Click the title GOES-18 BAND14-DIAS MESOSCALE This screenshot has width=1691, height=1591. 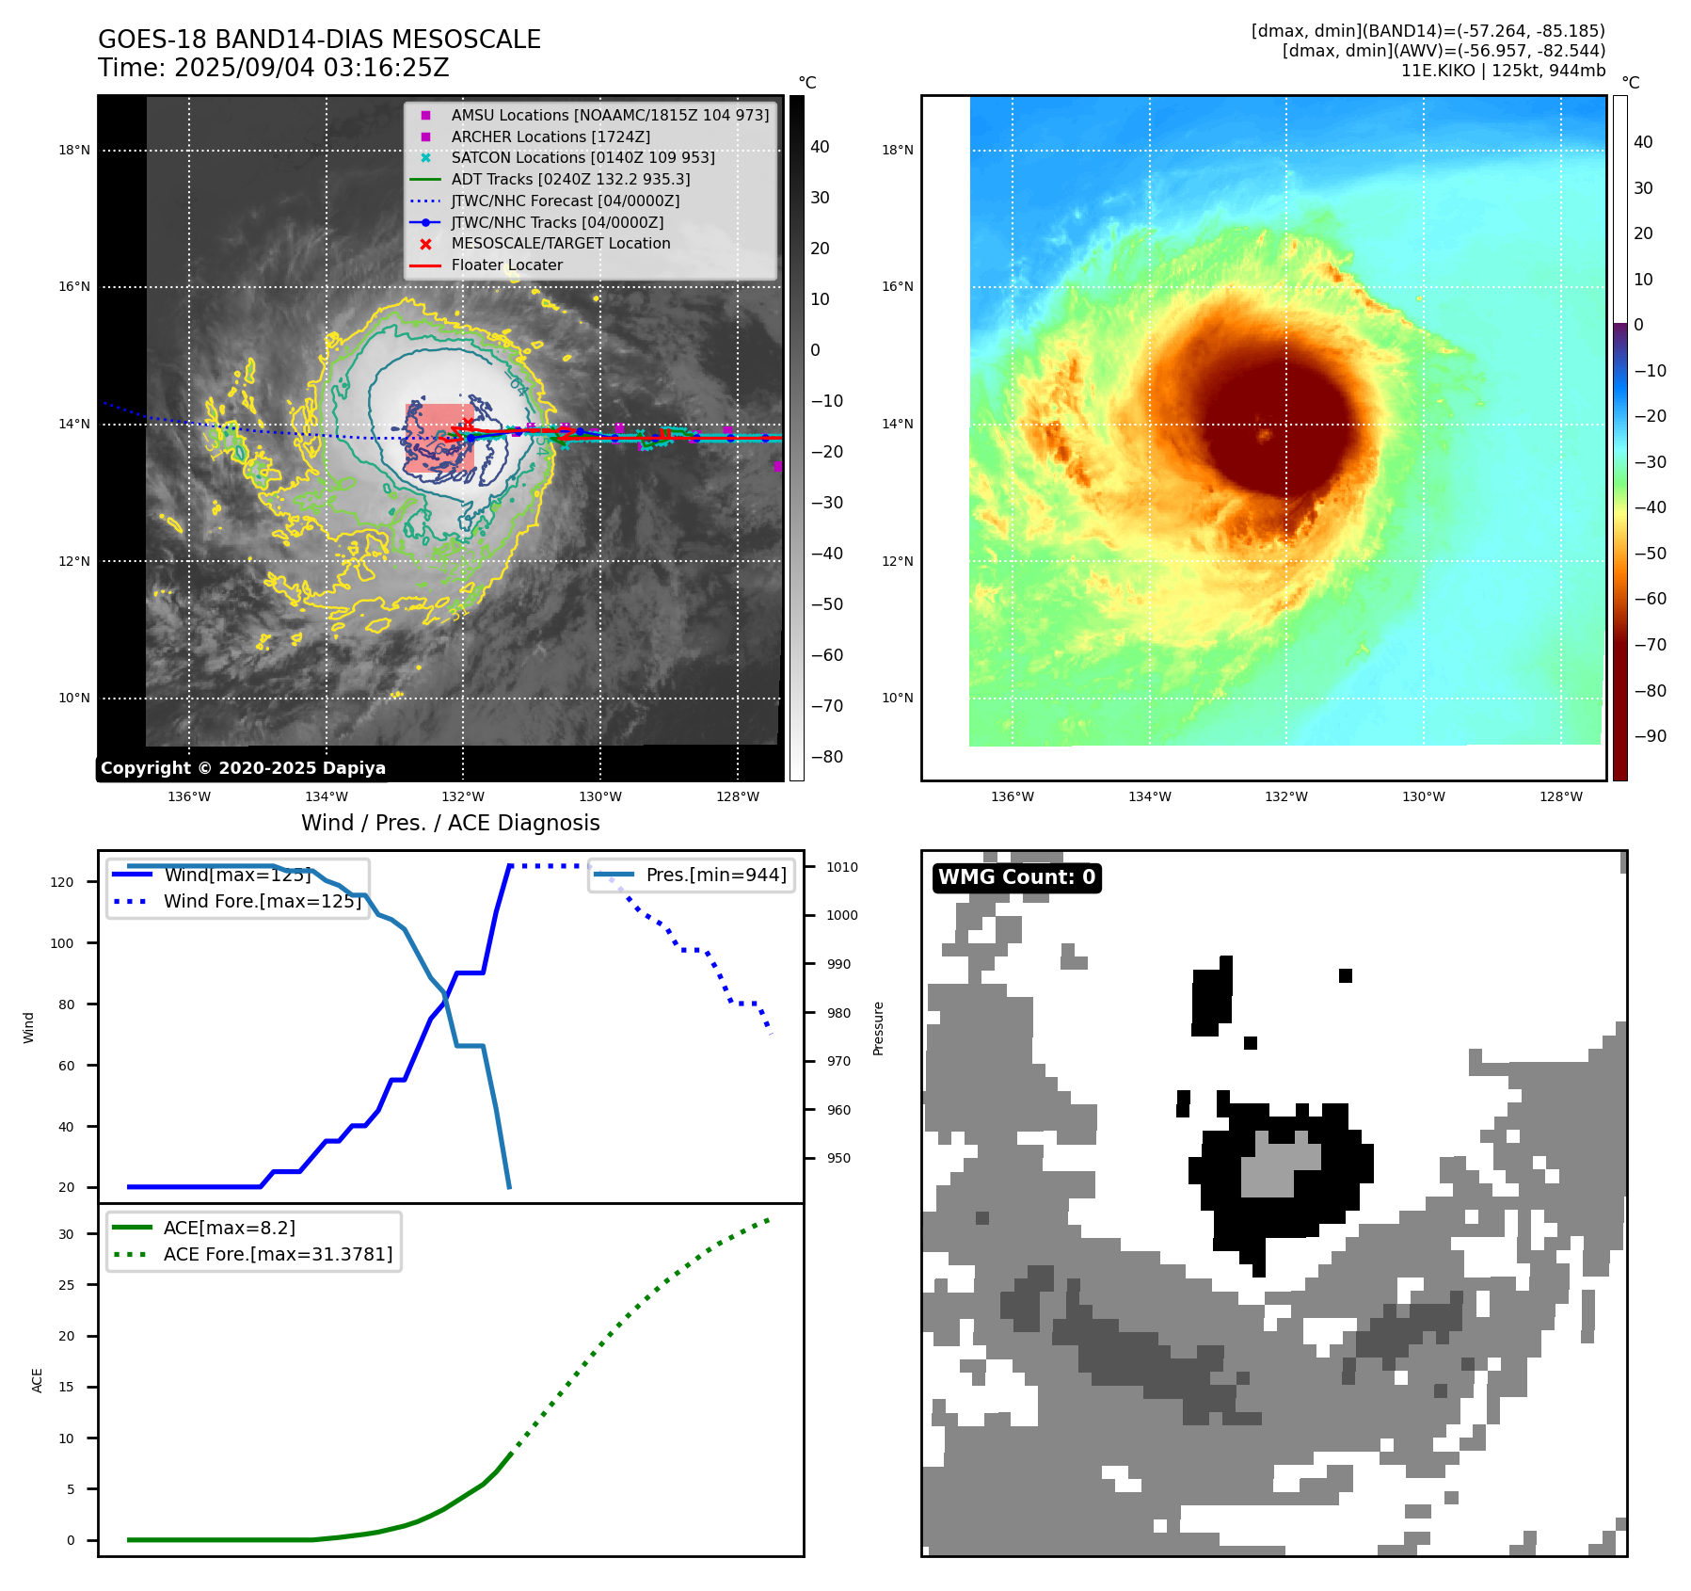point(319,40)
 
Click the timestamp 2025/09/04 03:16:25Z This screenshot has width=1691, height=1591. point(311,68)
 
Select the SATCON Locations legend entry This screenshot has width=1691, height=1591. point(582,158)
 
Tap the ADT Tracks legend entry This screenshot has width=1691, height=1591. point(570,179)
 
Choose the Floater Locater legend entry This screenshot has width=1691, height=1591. point(506,265)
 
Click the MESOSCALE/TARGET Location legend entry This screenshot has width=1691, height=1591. point(560,244)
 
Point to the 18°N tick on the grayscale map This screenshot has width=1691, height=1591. point(74,150)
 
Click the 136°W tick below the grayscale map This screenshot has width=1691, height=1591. point(189,797)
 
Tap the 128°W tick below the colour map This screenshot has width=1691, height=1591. point(1560,797)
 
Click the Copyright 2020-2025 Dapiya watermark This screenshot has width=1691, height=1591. point(243,768)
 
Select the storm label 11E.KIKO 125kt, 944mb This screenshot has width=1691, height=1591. point(1503,71)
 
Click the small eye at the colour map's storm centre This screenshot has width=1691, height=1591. point(1265,435)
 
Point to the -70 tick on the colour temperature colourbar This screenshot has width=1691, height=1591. point(1650,645)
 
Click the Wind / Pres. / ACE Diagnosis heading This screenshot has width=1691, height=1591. point(450,823)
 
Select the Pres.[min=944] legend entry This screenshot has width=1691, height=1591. point(715,875)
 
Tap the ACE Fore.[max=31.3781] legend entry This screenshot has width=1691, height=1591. point(278,1254)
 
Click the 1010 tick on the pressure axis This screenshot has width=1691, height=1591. point(842,867)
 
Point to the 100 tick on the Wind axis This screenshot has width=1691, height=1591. point(62,943)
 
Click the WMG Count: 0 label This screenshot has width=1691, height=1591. point(1016,877)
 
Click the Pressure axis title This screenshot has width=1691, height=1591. point(878,1028)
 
